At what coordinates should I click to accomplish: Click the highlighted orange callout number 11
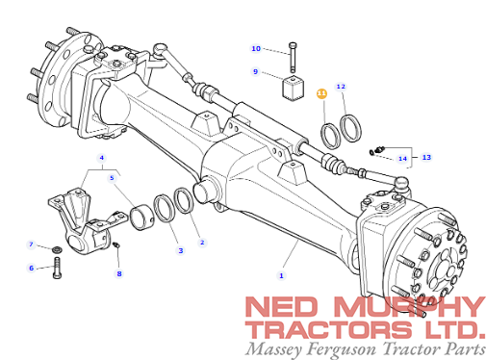click(x=321, y=93)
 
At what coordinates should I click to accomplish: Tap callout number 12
click(x=341, y=87)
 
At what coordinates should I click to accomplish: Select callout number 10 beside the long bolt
click(x=256, y=48)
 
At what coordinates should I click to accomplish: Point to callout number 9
click(x=255, y=71)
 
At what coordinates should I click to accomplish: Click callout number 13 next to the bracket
click(x=426, y=157)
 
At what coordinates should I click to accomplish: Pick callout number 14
click(x=402, y=159)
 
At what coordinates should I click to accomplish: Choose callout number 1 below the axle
click(x=281, y=275)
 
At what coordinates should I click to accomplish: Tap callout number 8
click(x=119, y=273)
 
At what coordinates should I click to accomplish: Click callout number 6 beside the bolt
click(x=31, y=268)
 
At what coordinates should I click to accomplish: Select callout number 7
click(x=31, y=244)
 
